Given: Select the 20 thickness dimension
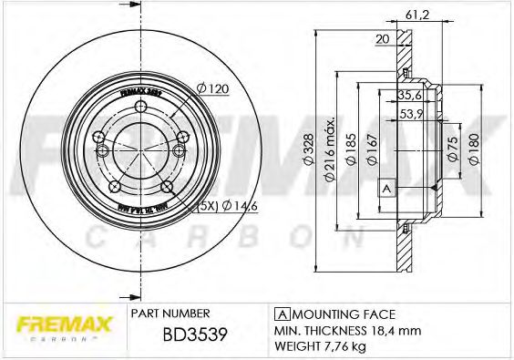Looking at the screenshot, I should (382, 38).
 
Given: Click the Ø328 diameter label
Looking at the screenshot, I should (309, 149).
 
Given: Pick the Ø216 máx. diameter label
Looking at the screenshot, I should (331, 149).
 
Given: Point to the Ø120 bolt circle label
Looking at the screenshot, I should (211, 88).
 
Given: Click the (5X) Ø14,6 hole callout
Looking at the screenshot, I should (220, 208).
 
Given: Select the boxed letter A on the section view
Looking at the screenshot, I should (385, 189).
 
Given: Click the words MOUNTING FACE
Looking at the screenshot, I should (355, 312).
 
